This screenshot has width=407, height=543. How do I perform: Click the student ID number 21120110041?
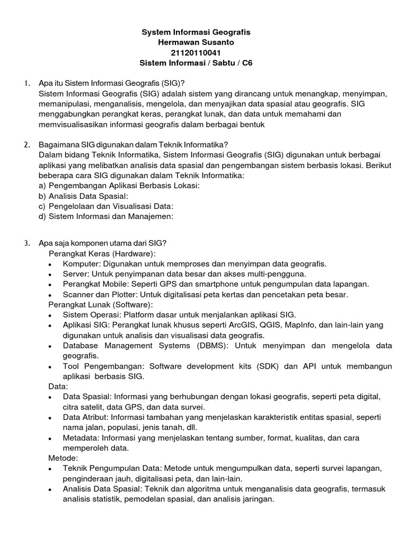pyautogui.click(x=196, y=52)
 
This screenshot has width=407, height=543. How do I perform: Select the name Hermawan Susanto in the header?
pyautogui.click(x=196, y=42)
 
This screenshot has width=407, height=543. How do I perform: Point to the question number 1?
pyautogui.click(x=26, y=83)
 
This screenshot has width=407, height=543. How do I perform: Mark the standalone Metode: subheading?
pyautogui.click(x=64, y=457)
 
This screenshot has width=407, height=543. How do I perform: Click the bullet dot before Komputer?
pyautogui.click(x=50, y=264)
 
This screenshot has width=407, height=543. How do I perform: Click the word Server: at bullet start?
pyautogui.click(x=76, y=274)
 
